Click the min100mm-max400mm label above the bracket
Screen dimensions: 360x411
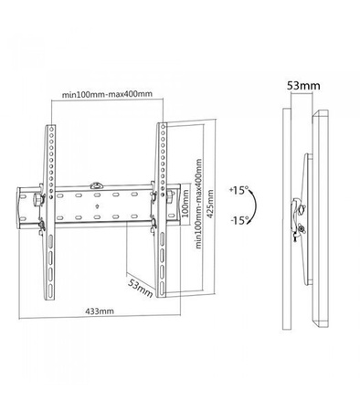click(107, 94)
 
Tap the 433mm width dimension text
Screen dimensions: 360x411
click(100, 311)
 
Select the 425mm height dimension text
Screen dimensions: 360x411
click(210, 204)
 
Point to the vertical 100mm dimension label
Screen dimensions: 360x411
click(185, 204)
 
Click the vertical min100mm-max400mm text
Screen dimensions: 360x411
click(199, 204)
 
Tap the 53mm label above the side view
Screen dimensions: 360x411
click(303, 86)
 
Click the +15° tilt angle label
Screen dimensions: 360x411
click(239, 191)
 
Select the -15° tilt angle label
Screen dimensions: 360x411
click(239, 220)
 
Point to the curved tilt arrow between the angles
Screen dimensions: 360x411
click(255, 205)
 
